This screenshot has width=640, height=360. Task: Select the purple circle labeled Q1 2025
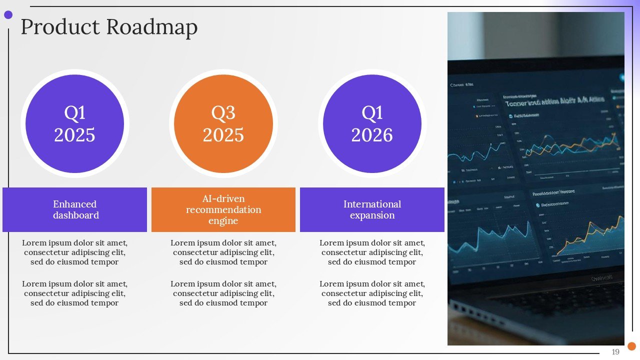tap(74, 124)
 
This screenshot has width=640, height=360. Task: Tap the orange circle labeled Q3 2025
tap(223, 124)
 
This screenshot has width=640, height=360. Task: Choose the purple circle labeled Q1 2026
tap(372, 124)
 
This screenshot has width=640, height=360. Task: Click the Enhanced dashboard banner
tap(74, 209)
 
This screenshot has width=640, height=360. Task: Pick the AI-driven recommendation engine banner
tap(223, 209)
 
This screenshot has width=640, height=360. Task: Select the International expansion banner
tap(372, 209)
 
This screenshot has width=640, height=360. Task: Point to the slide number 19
tap(615, 352)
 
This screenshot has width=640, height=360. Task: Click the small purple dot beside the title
tap(8, 15)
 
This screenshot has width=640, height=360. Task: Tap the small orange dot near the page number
tap(631, 346)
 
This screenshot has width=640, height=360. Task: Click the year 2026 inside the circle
tap(372, 135)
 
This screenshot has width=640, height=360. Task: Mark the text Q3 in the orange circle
tap(223, 113)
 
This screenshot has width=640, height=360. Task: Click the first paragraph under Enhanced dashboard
tap(74, 252)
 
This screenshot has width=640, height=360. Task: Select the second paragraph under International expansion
tap(372, 293)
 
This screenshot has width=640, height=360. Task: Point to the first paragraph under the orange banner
tap(223, 252)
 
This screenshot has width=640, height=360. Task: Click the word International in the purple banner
tap(372, 204)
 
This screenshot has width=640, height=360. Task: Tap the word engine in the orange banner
tap(223, 221)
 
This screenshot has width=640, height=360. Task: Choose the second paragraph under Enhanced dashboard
tap(74, 293)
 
